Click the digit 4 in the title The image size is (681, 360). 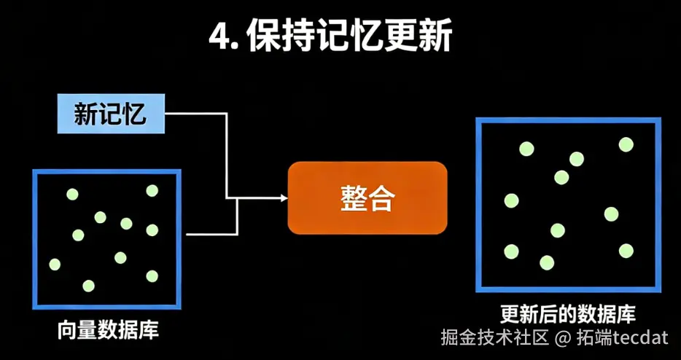tap(217, 37)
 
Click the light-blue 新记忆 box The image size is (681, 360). tap(111, 114)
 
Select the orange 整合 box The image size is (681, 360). tap(367, 197)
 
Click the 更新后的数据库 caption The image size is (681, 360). tap(568, 314)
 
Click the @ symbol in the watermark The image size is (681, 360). tap(561, 338)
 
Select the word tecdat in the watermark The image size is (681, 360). tap(640, 338)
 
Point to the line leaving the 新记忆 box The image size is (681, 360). tap(197, 114)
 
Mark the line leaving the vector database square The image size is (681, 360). tap(211, 235)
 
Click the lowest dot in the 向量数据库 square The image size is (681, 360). tap(88, 285)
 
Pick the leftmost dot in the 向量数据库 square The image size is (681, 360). tap(55, 264)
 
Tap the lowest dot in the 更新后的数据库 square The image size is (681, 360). tap(547, 262)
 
